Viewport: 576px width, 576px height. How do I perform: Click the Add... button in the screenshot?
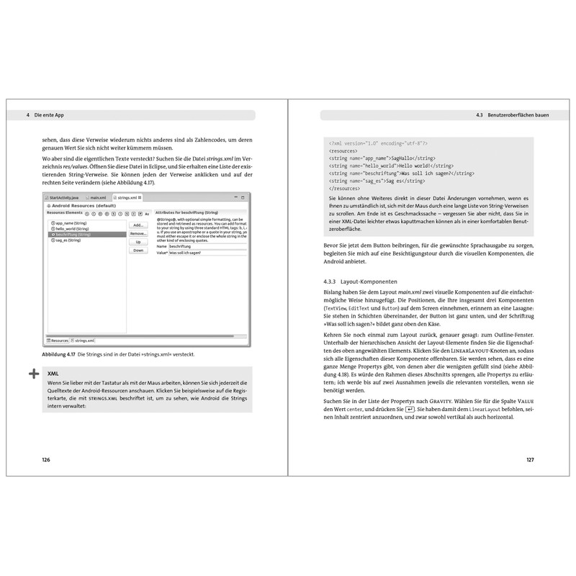pos(138,225)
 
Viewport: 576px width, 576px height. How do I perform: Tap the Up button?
pos(138,242)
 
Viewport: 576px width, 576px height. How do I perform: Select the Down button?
pos(138,251)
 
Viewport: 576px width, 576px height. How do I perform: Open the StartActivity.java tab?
pos(63,197)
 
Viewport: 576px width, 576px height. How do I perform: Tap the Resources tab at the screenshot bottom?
pos(58,341)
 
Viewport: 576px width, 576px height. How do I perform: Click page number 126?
pos(46,459)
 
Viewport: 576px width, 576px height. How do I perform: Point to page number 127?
pos(529,459)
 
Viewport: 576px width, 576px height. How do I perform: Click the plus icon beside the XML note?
pos(33,374)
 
